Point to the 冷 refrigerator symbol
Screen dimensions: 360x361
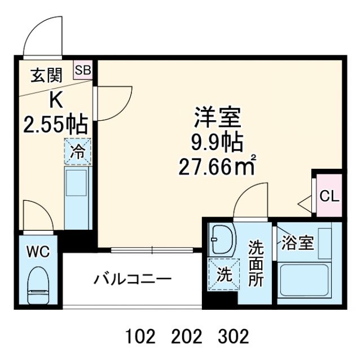click(76, 151)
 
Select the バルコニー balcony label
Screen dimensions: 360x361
click(133, 279)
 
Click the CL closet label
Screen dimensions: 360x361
click(329, 196)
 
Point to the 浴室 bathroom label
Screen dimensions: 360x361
click(298, 244)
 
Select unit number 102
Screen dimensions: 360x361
click(139, 337)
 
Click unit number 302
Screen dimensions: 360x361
click(232, 337)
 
